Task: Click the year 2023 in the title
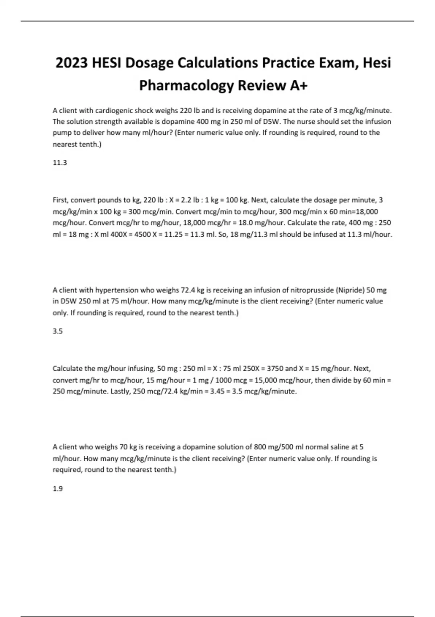tap(71, 63)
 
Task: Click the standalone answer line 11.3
tap(60, 163)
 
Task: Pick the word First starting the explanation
tap(61, 200)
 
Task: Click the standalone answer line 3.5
tap(58, 331)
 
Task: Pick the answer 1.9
tap(58, 489)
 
